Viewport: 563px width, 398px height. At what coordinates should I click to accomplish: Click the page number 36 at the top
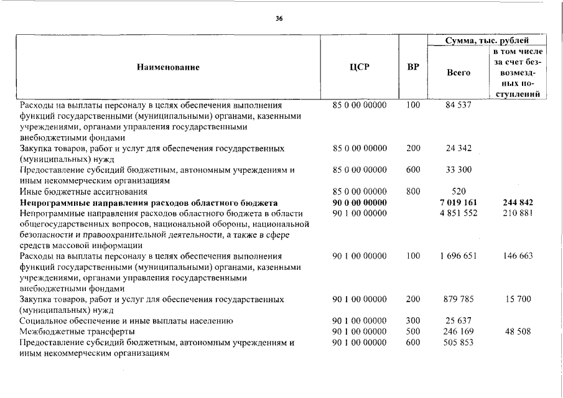[279, 19]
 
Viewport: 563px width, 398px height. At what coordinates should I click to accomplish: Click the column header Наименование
[168, 67]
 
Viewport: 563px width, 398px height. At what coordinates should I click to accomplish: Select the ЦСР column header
[360, 67]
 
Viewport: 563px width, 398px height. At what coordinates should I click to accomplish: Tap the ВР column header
[412, 67]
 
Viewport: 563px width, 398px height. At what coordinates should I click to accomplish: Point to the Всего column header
[458, 73]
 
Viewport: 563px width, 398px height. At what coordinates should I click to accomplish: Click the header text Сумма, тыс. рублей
[487, 40]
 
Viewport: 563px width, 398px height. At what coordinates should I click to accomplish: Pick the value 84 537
[459, 105]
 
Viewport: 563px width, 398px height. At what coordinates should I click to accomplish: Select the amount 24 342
[459, 148]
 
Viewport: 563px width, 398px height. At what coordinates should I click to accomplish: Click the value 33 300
[459, 170]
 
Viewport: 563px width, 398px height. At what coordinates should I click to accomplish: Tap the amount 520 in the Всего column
[459, 192]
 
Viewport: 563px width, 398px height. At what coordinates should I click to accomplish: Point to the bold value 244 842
[518, 203]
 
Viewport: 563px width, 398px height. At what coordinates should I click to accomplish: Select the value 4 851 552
[459, 213]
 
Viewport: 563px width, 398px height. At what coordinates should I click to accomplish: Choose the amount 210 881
[518, 213]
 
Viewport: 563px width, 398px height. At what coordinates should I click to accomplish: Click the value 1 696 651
[459, 256]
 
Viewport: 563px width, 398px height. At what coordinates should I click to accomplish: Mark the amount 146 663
[518, 256]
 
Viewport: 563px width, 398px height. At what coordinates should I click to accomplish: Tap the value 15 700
[518, 299]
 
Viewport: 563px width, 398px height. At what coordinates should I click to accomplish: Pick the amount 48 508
[518, 331]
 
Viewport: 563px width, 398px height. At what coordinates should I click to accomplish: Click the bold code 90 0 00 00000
[360, 203]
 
